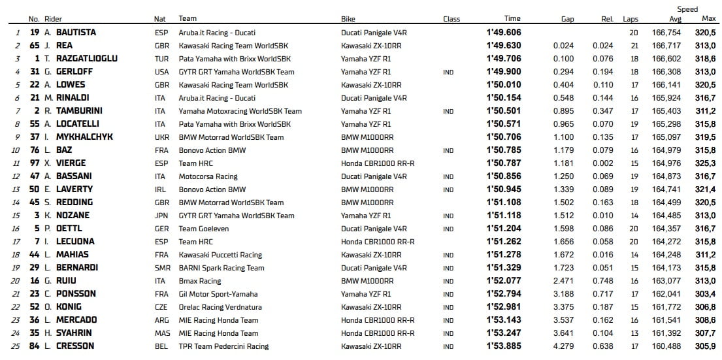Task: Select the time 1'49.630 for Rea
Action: (x=503, y=45)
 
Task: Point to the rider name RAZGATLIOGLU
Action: (x=87, y=58)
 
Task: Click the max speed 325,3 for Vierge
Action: (x=704, y=163)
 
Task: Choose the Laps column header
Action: (x=630, y=19)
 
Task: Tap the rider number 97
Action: (x=35, y=163)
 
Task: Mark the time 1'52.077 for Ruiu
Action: (x=503, y=280)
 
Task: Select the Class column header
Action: (x=451, y=19)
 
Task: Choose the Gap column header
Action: (x=567, y=19)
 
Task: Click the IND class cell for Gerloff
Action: (x=448, y=71)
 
